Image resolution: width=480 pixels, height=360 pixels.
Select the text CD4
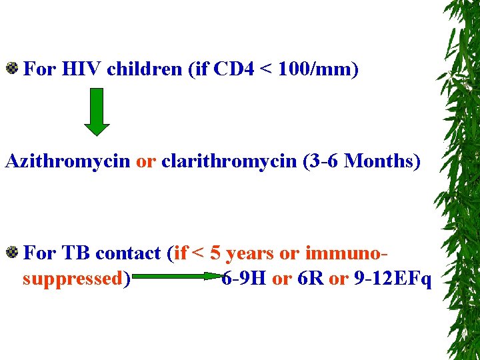click(x=235, y=69)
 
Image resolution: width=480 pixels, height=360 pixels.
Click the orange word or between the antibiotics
click(x=145, y=161)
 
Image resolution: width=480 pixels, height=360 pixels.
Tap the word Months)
click(x=383, y=161)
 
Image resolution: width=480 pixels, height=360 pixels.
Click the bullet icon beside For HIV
click(x=12, y=68)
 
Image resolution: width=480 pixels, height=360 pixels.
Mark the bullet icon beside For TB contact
click(x=12, y=252)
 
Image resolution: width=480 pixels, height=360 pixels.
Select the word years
click(x=249, y=253)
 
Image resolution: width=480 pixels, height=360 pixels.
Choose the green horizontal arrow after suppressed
click(x=177, y=276)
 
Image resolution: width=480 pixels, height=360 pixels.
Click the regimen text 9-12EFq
click(x=392, y=278)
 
